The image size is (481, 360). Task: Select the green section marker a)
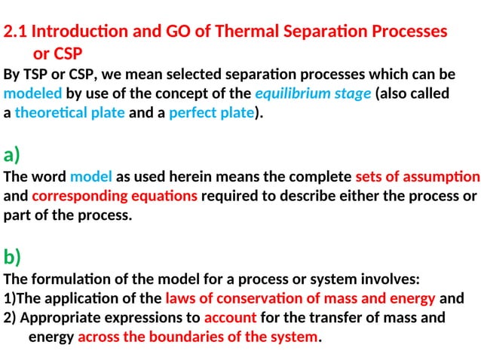pyautogui.click(x=12, y=156)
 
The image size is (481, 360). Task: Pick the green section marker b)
pyautogui.click(x=12, y=258)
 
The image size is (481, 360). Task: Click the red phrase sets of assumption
pyautogui.click(x=417, y=178)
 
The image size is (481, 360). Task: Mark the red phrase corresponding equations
pyautogui.click(x=115, y=197)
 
